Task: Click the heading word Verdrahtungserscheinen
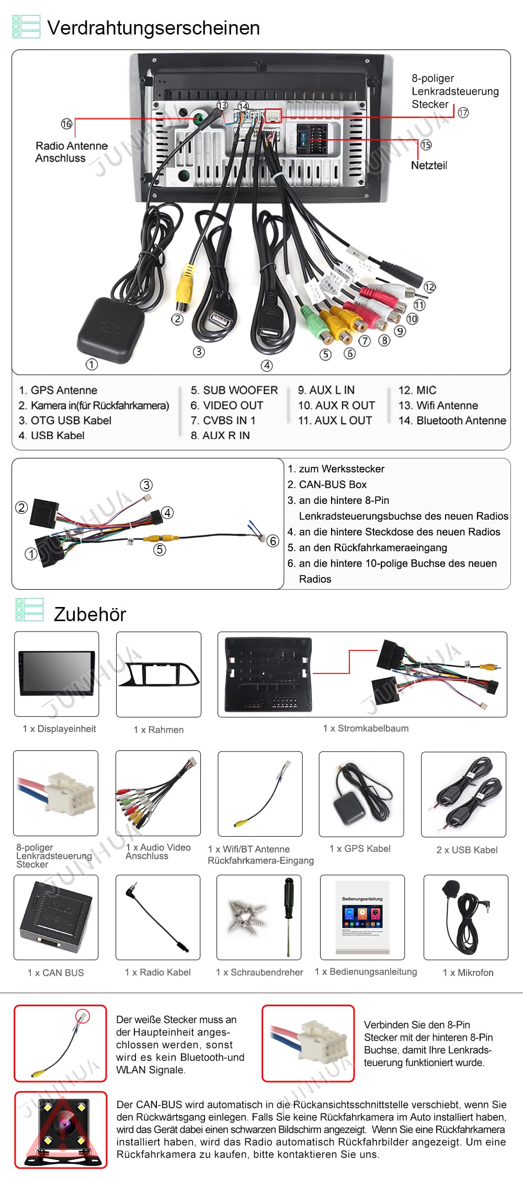pyautogui.click(x=153, y=28)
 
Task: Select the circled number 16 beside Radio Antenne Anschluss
pyautogui.click(x=66, y=124)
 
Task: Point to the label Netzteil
pyautogui.click(x=429, y=165)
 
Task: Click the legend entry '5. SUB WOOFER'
pyautogui.click(x=234, y=390)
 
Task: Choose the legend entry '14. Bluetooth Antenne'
pyautogui.click(x=452, y=421)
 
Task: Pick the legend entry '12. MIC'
pyautogui.click(x=417, y=390)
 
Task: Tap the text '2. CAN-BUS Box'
pyautogui.click(x=327, y=485)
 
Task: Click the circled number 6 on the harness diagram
pyautogui.click(x=272, y=541)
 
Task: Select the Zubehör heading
pyautogui.click(x=90, y=614)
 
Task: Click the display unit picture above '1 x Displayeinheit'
pyautogui.click(x=56, y=673)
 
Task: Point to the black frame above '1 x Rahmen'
pyautogui.click(x=158, y=674)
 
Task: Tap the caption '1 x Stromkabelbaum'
pyautogui.click(x=366, y=728)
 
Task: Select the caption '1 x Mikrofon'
pyautogui.click(x=468, y=973)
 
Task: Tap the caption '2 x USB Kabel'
pyautogui.click(x=467, y=850)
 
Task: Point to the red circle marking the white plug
pyautogui.click(x=83, y=1016)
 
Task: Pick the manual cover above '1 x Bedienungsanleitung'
pyautogui.click(x=362, y=917)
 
